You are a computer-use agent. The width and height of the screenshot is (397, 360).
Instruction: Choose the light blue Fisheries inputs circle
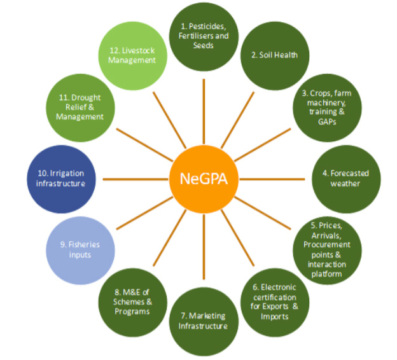click(x=81, y=249)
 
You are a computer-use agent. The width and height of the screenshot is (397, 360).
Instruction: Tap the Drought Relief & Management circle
click(x=80, y=109)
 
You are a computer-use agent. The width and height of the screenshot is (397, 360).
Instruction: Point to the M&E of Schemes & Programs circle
click(x=132, y=301)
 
